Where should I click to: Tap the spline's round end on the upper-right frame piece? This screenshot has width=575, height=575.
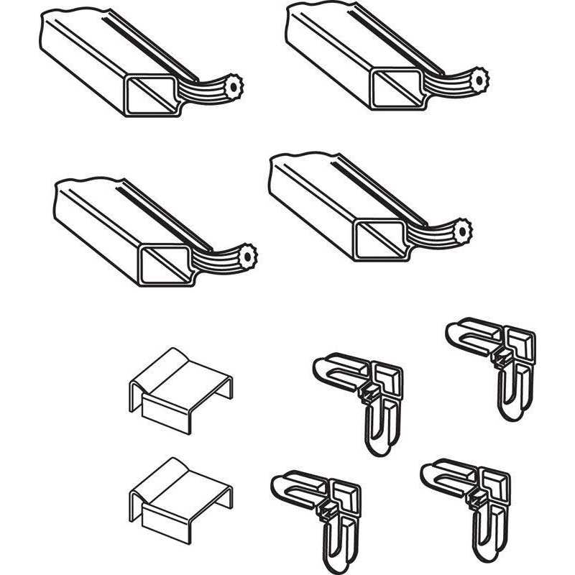click(x=477, y=76)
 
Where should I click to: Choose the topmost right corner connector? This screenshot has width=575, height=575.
click(x=496, y=359)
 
